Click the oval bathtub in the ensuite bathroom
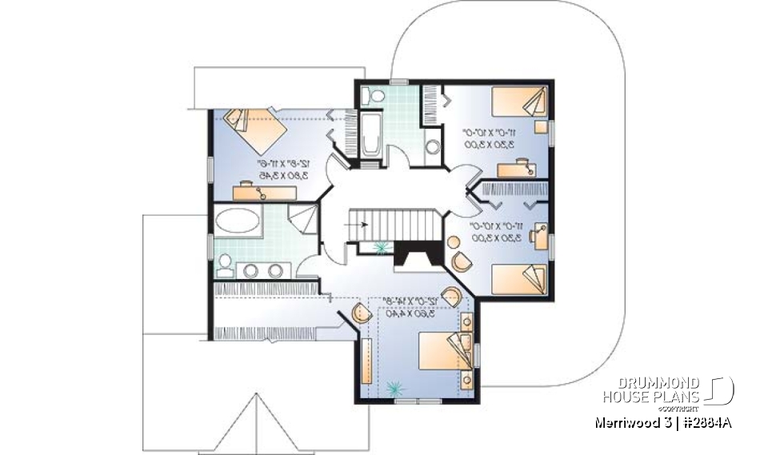pyautogui.click(x=238, y=221)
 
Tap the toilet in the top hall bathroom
pyautogui.click(x=369, y=96)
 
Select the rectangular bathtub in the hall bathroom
pyautogui.click(x=370, y=136)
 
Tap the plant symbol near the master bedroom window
pyautogui.click(x=392, y=389)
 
